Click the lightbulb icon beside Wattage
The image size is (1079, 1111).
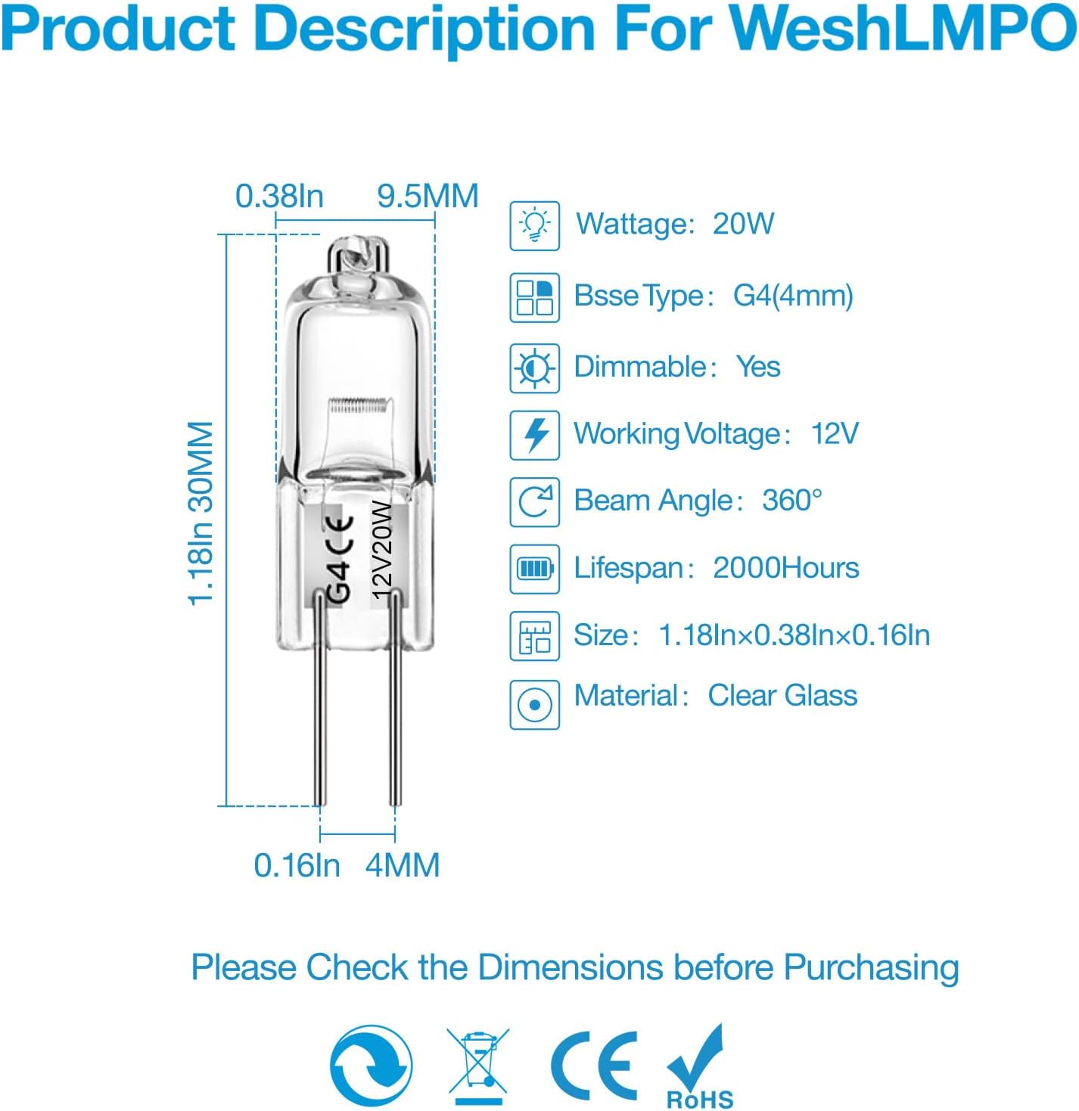(x=535, y=225)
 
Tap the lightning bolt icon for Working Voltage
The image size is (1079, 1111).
(x=535, y=434)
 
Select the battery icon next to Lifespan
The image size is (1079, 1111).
(x=535, y=569)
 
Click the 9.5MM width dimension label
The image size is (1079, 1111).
(x=428, y=197)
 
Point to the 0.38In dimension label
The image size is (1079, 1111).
(x=279, y=197)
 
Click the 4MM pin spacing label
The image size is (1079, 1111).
(x=403, y=865)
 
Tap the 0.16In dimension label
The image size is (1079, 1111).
(x=297, y=865)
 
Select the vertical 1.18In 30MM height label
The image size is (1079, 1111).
(x=201, y=514)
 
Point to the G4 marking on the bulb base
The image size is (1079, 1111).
(x=341, y=583)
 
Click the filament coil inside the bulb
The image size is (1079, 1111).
(x=359, y=406)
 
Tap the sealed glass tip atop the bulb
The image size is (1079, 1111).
(x=359, y=254)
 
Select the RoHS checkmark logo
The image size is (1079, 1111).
(x=698, y=1066)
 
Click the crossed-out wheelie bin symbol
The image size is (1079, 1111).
(x=477, y=1066)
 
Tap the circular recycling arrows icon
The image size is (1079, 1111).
(x=372, y=1066)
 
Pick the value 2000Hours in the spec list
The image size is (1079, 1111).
(x=786, y=569)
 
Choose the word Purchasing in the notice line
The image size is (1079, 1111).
(x=871, y=969)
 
